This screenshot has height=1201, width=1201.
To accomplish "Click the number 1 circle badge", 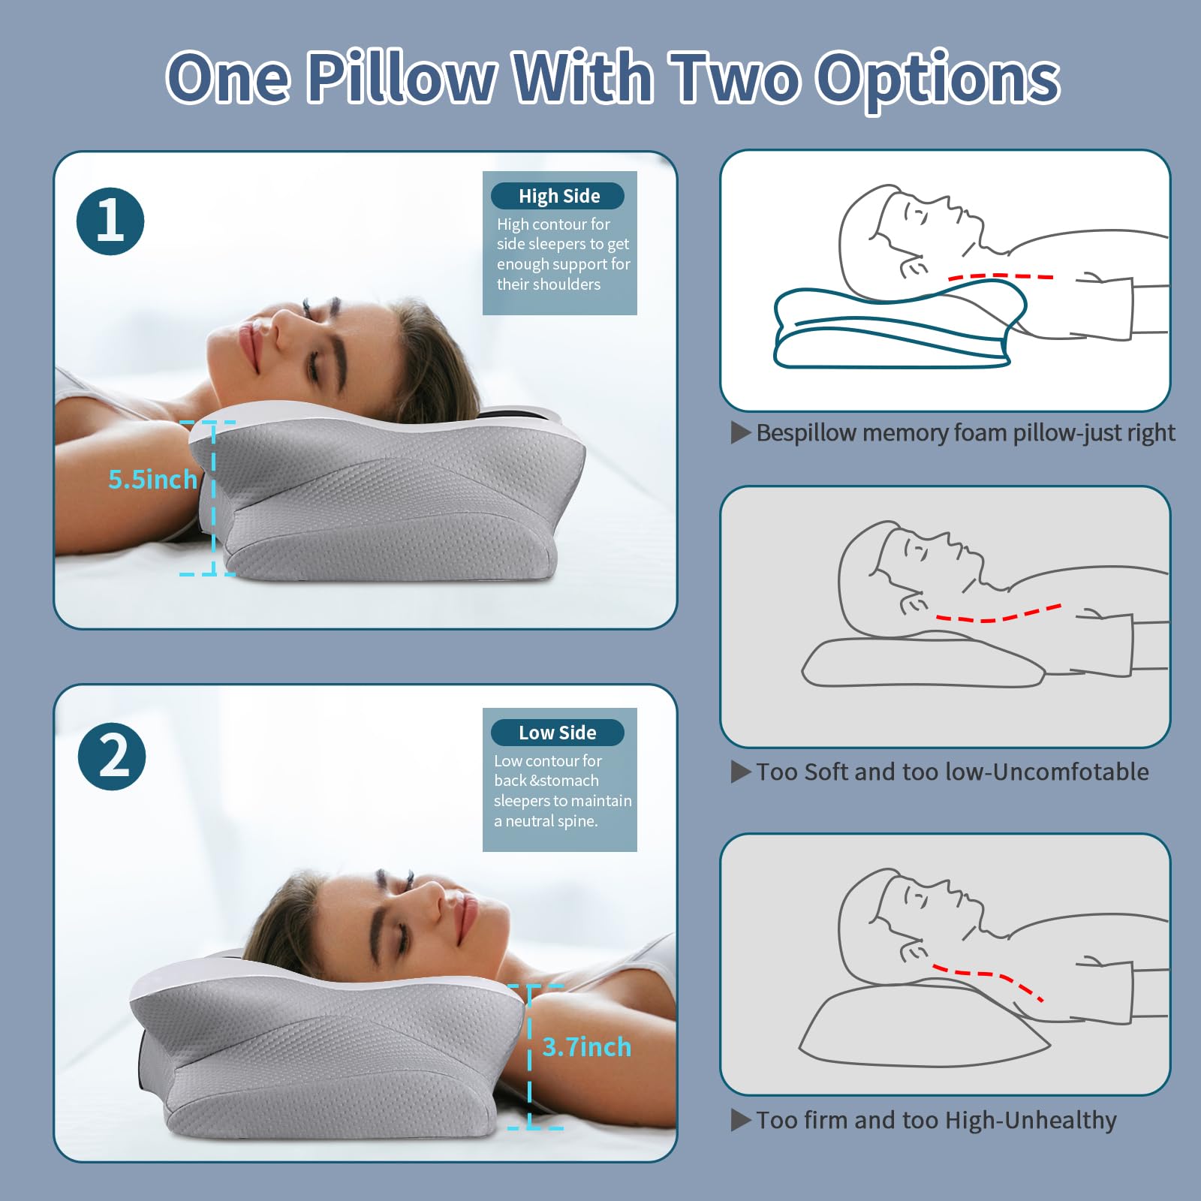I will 110,221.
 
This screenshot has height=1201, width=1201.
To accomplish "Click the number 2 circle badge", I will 112,757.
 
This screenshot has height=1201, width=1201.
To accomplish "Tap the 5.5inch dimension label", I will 152,480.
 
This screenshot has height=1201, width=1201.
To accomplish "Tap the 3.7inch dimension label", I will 586,1046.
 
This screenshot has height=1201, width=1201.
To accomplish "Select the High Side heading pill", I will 559,196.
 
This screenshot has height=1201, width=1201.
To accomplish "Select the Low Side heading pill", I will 558,733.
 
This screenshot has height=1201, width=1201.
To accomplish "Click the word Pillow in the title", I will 402,77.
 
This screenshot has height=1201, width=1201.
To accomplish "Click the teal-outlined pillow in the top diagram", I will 893,334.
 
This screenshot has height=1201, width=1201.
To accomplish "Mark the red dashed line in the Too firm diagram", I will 991,980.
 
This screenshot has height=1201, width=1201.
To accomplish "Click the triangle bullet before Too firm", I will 741,1121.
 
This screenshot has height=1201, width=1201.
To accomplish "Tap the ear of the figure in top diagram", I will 913,266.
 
